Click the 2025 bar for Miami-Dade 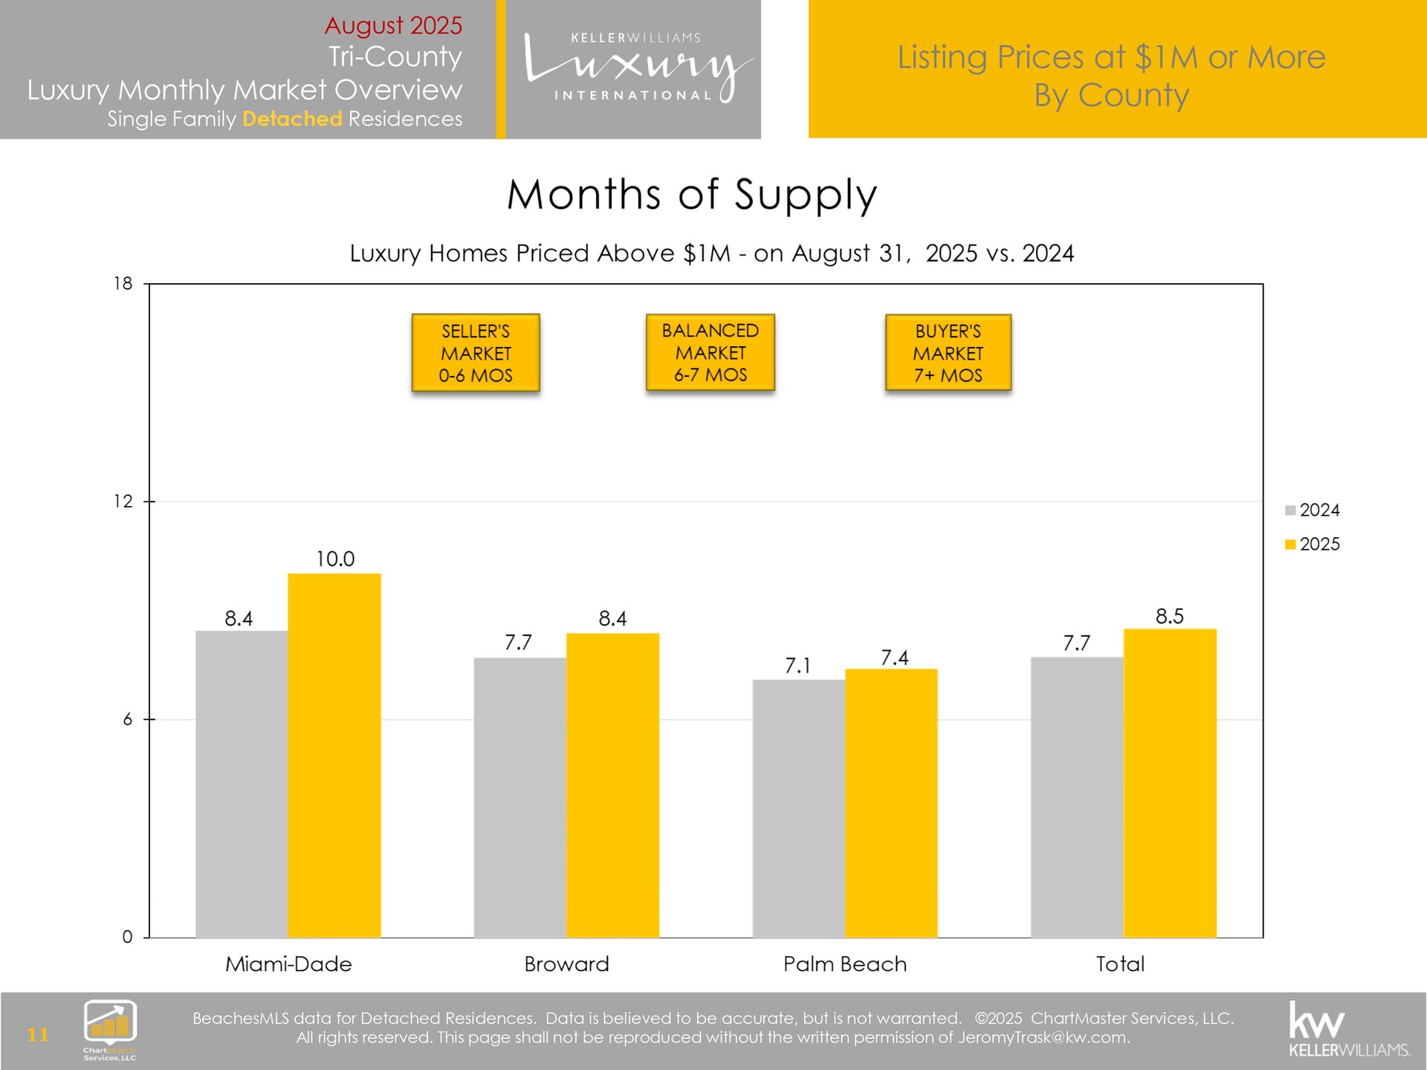click(334, 754)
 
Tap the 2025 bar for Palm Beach click(891, 802)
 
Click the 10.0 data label click(335, 559)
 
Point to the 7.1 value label click(797, 666)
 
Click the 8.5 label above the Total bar click(1169, 616)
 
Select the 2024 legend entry click(1313, 510)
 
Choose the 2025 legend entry click(1313, 544)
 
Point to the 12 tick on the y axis click(123, 502)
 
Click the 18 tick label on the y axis click(123, 284)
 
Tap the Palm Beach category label click(845, 964)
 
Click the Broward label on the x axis click(566, 964)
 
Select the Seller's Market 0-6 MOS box click(476, 353)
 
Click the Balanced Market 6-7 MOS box click(711, 353)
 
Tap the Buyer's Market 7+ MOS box click(948, 353)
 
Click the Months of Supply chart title click(692, 195)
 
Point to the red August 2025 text click(393, 25)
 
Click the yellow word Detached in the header click(292, 119)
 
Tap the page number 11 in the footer click(38, 1034)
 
